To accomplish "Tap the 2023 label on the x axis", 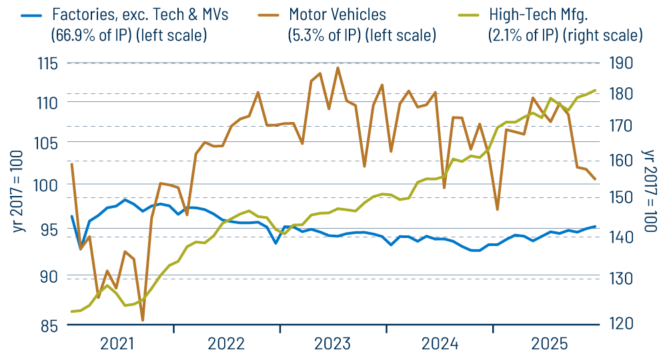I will pyautogui.click(x=333, y=344).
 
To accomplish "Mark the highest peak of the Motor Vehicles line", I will pyautogui.click(x=338, y=67).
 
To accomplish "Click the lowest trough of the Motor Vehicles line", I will pyautogui.click(x=143, y=321).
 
